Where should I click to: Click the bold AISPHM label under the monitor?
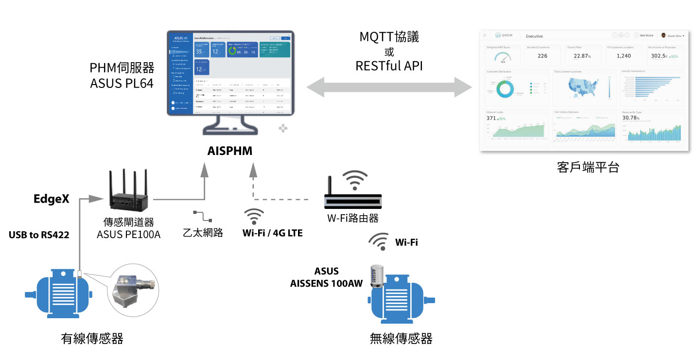[230, 151]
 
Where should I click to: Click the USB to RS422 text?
[39, 235]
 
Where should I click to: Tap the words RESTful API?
[389, 66]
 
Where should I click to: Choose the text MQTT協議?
[389, 36]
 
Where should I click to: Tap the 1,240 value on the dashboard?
[624, 56]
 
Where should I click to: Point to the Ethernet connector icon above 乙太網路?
[202, 216]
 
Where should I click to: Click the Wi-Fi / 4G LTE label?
[273, 233]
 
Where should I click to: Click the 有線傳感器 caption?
[92, 338]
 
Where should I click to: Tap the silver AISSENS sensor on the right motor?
[377, 277]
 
